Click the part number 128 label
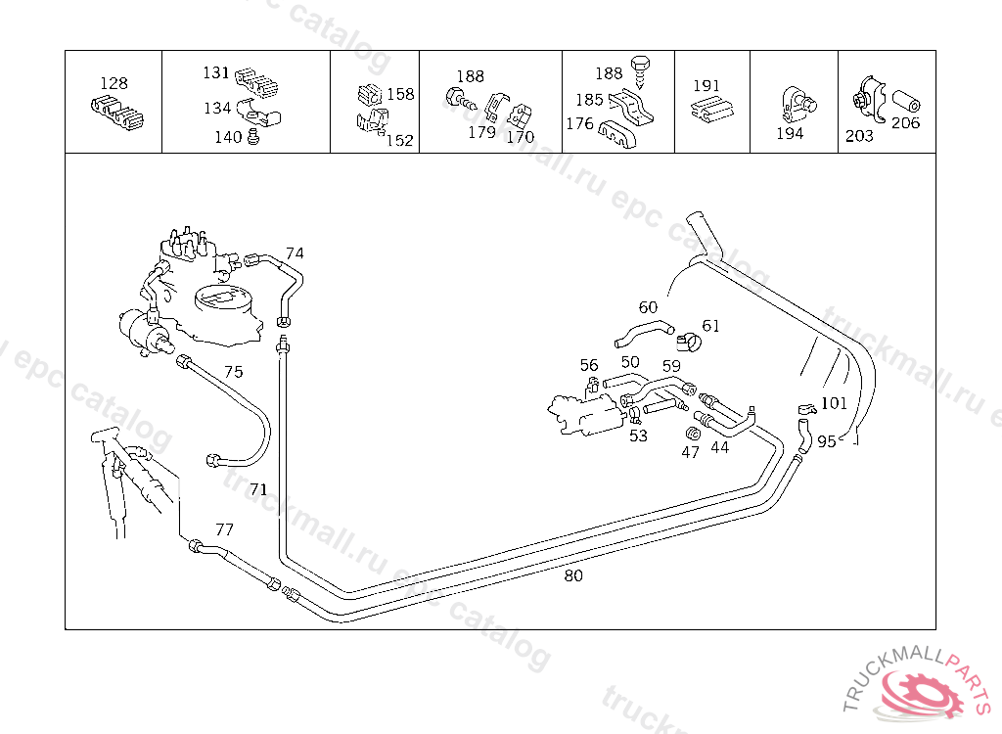point(114,83)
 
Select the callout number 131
point(216,72)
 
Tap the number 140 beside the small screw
point(228,137)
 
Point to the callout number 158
point(400,94)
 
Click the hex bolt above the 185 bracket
point(640,69)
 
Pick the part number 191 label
point(706,86)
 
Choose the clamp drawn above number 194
point(797,103)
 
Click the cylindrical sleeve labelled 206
point(905,102)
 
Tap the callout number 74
point(295,253)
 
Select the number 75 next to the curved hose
point(234,372)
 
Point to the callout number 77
point(224,529)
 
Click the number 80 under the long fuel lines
point(573,576)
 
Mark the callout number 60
point(648,307)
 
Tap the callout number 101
point(834,403)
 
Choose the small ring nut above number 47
point(693,433)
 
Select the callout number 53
point(638,436)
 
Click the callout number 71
point(258,489)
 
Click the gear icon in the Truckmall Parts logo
point(921,692)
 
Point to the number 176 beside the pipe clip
point(579,123)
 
